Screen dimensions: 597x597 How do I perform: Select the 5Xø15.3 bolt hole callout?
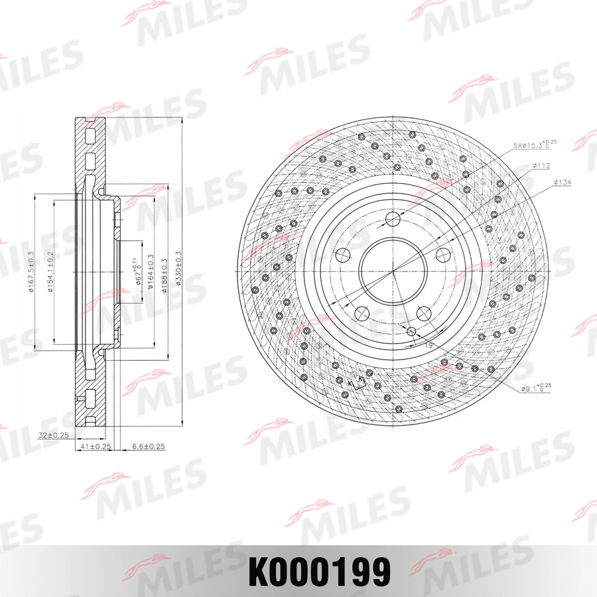pyautogui.click(x=534, y=143)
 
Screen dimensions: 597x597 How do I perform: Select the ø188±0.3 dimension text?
pyautogui.click(x=162, y=272)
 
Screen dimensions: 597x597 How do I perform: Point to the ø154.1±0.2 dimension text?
pyautogui.click(x=50, y=272)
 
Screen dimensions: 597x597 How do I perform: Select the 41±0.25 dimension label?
pyautogui.click(x=94, y=446)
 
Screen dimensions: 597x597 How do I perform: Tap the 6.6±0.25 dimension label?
pyautogui.click(x=149, y=446)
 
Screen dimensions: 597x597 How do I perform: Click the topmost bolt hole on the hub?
pyautogui.click(x=393, y=219)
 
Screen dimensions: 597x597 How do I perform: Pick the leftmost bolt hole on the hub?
pyautogui.click(x=342, y=255)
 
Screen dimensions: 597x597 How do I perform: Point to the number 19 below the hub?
pyautogui.click(x=429, y=345)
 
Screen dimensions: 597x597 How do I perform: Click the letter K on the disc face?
pyautogui.click(x=360, y=379)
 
